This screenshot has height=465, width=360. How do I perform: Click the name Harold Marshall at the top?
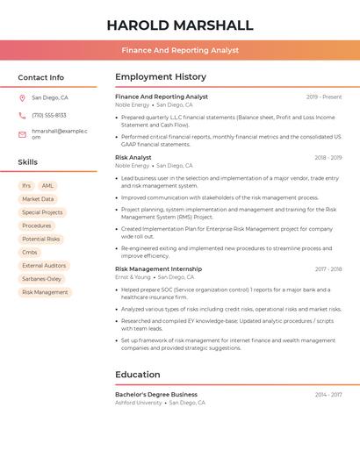(179, 25)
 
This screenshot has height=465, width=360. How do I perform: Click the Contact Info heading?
(40, 77)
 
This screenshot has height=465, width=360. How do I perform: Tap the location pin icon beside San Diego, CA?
(22, 97)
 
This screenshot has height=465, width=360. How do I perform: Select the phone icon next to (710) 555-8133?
(22, 115)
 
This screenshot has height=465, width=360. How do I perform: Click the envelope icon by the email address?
(22, 134)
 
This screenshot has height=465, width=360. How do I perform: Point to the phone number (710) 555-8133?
(49, 115)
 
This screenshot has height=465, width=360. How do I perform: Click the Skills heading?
(28, 162)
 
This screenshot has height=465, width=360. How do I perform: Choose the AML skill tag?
(47, 186)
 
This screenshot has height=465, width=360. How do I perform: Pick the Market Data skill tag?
(38, 199)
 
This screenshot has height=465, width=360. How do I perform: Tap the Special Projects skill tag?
(42, 212)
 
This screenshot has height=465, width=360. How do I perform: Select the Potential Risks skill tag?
(41, 239)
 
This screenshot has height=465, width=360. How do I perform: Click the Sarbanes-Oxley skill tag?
(42, 279)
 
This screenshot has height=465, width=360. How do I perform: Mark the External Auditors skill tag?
(44, 265)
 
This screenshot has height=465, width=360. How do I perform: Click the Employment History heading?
(161, 77)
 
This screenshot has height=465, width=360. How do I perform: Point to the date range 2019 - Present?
(324, 97)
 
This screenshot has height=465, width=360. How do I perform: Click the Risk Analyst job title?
(133, 158)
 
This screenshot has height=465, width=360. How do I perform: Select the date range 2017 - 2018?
(328, 269)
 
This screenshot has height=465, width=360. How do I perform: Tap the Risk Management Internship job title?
(158, 269)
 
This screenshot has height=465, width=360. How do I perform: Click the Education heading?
(138, 375)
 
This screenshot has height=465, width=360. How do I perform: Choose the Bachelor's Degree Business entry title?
(156, 395)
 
